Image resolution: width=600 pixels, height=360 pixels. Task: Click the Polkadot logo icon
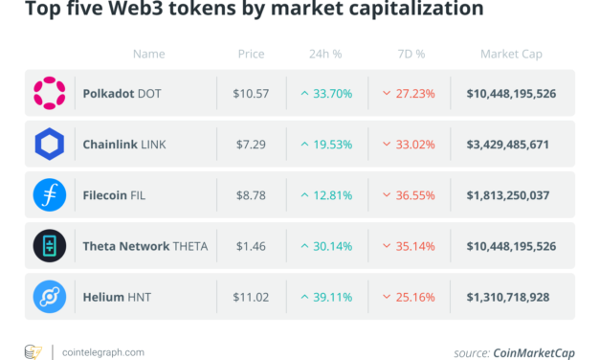click(x=50, y=93)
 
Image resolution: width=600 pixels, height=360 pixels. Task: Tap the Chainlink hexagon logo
click(x=50, y=145)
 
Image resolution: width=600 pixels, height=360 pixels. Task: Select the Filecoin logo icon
click(x=50, y=195)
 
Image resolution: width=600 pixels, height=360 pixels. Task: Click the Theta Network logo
click(x=50, y=247)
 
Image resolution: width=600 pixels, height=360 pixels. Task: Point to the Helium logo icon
click(x=50, y=298)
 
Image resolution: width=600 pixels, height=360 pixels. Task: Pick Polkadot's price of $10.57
click(x=251, y=94)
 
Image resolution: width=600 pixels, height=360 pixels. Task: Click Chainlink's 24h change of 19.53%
click(x=329, y=145)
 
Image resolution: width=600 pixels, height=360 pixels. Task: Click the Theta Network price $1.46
click(x=251, y=247)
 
